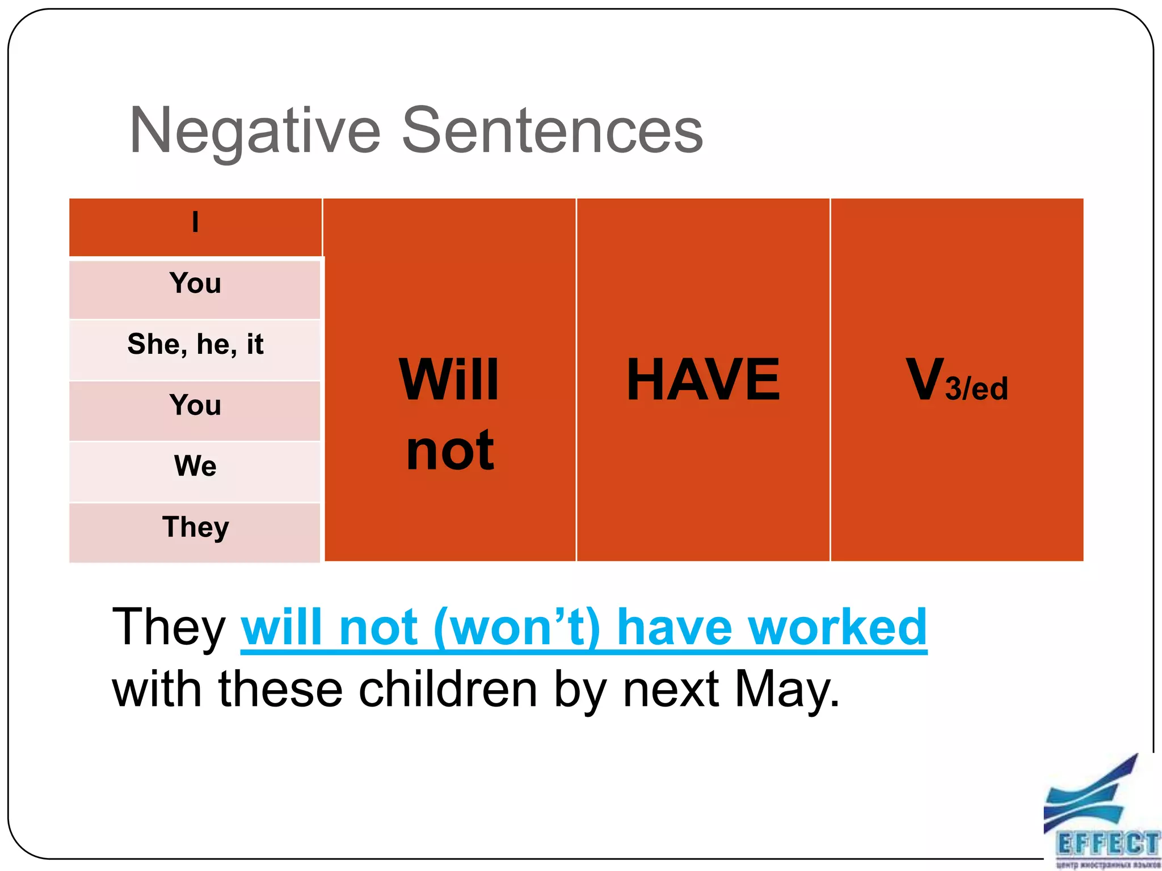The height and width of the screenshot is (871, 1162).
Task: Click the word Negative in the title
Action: click(255, 132)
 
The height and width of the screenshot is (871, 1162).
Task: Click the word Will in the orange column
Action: click(449, 379)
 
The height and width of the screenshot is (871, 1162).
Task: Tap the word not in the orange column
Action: click(450, 451)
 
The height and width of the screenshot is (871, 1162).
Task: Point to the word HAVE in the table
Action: click(703, 379)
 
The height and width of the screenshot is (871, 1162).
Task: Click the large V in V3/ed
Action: click(924, 379)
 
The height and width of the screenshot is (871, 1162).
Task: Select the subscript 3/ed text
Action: click(976, 389)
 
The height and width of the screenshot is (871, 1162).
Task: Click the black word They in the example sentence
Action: click(169, 627)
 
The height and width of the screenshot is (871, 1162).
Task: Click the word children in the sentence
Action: click(448, 690)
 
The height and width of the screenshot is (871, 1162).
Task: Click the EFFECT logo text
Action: click(1107, 844)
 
